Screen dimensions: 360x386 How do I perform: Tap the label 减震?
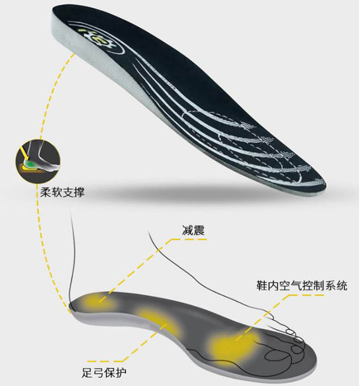pyautogui.click(x=194, y=231)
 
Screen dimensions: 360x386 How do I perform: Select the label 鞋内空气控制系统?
pyautogui.click(x=302, y=286)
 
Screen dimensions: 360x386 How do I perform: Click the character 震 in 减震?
pyautogui.click(x=199, y=231)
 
